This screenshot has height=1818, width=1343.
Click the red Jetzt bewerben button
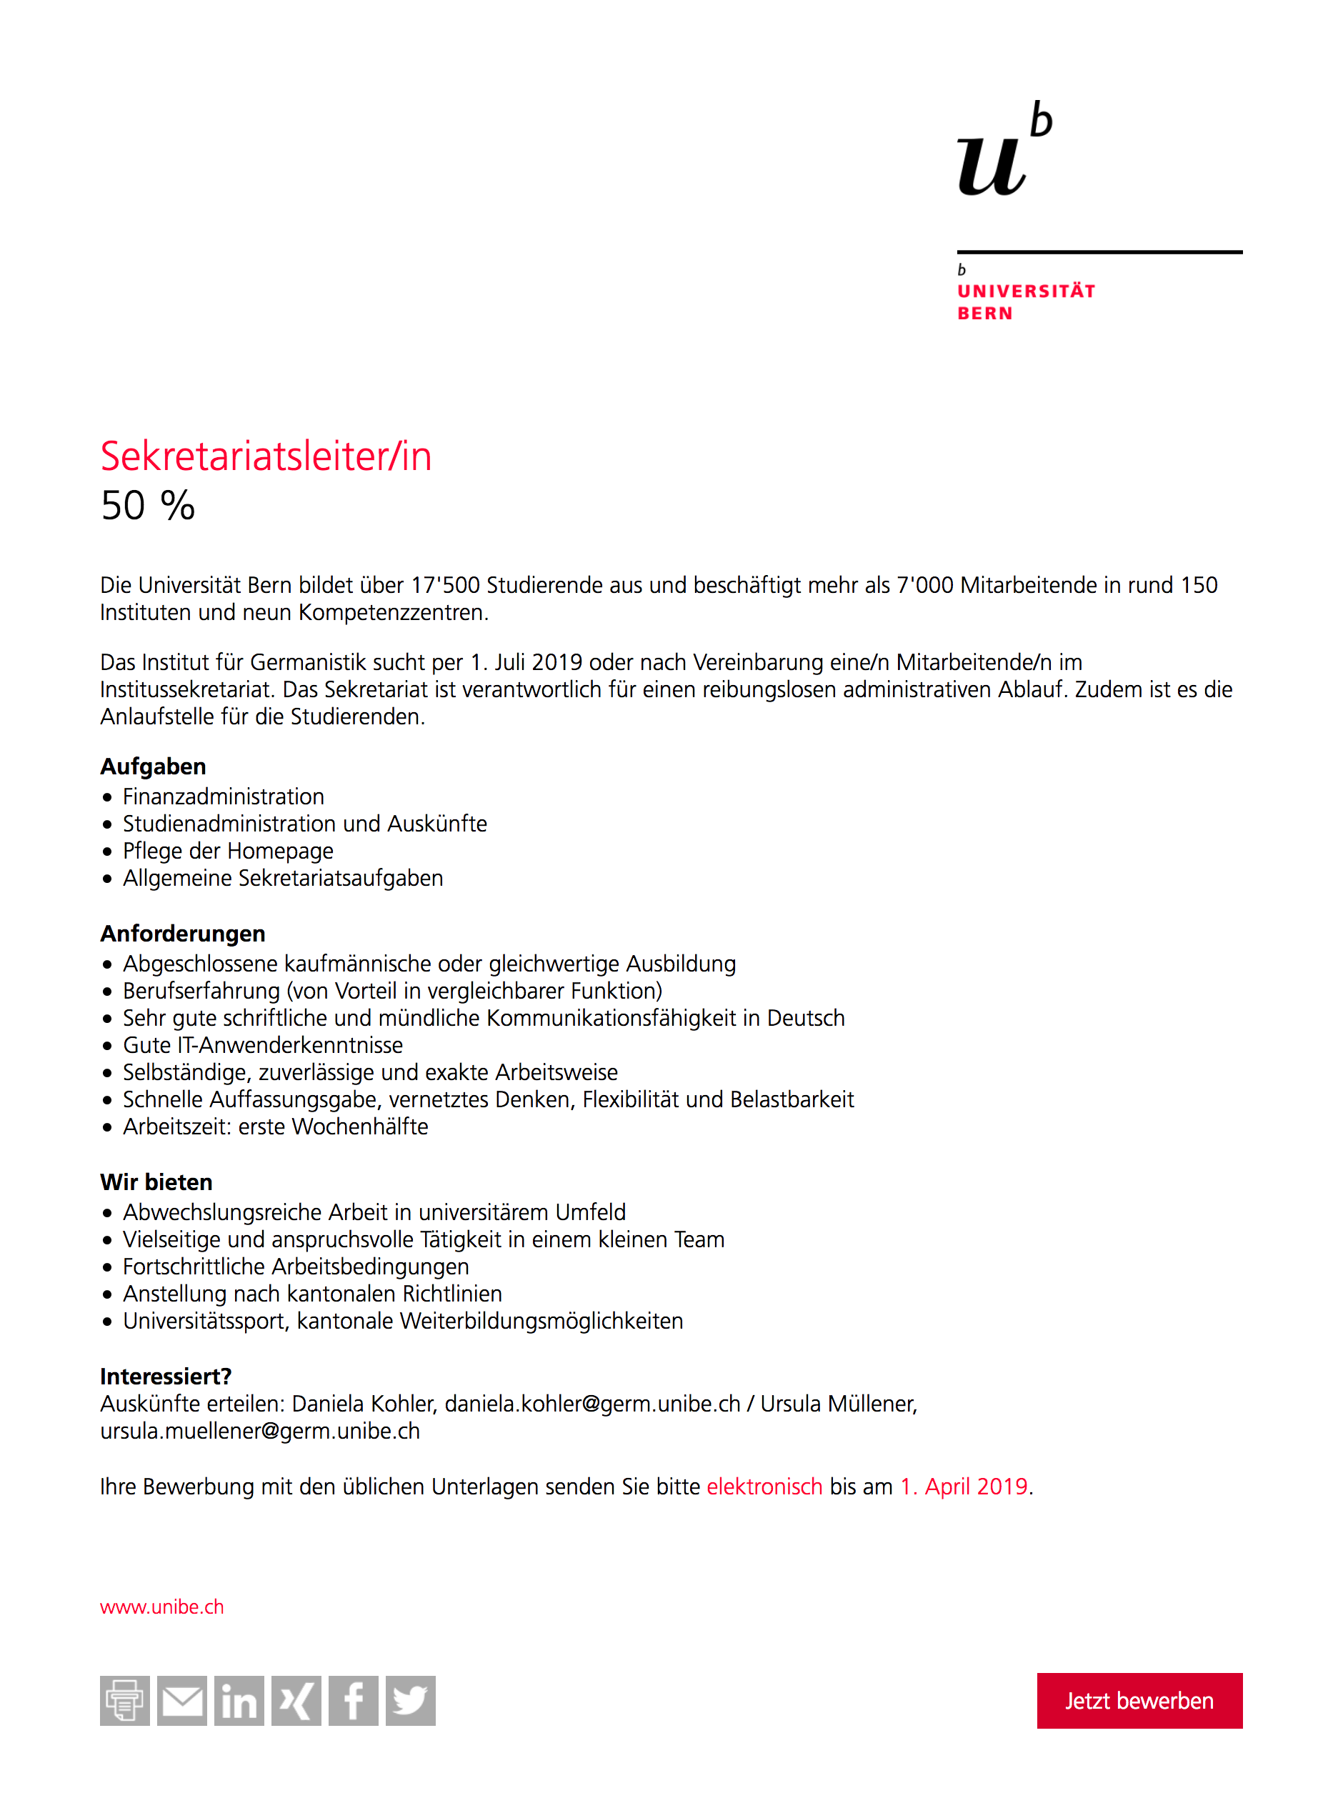click(x=1139, y=1700)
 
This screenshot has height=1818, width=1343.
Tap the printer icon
click(x=124, y=1700)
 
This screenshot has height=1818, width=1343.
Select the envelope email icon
click(x=182, y=1700)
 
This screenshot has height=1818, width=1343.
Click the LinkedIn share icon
click(x=239, y=1700)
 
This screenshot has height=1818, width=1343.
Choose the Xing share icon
click(x=296, y=1700)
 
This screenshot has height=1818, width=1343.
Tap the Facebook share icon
click(x=354, y=1700)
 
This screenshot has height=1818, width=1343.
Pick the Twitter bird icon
click(x=411, y=1700)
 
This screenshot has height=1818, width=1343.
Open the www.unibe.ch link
click(x=161, y=1607)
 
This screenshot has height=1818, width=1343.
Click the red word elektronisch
click(x=764, y=1487)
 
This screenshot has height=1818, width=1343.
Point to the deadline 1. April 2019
click(x=964, y=1487)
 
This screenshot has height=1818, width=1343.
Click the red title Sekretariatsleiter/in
click(x=266, y=456)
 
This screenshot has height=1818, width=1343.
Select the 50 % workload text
click(x=148, y=506)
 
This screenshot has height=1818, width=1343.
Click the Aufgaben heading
click(x=153, y=766)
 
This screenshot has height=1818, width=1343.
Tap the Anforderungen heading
click(x=183, y=934)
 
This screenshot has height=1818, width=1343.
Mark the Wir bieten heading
click(x=156, y=1182)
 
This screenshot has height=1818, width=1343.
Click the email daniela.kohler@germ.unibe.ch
click(x=591, y=1404)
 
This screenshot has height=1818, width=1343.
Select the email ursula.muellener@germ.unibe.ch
click(x=260, y=1431)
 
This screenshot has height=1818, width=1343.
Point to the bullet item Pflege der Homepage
click(x=228, y=851)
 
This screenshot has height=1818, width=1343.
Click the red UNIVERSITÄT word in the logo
click(x=1026, y=291)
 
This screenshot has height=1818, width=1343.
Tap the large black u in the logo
click(x=990, y=166)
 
